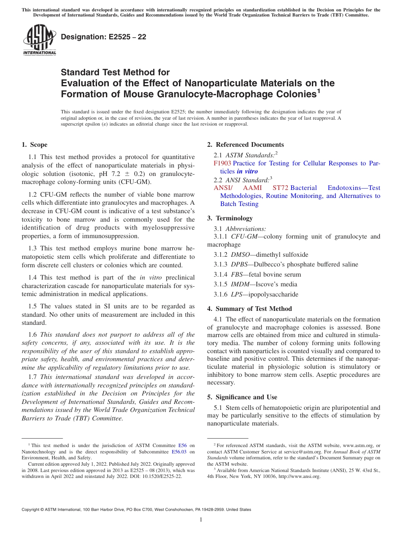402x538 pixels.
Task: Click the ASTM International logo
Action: click(x=39, y=40)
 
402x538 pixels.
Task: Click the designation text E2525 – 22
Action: click(x=104, y=37)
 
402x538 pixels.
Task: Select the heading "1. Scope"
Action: click(x=34, y=145)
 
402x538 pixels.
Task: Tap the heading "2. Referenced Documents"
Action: click(x=245, y=145)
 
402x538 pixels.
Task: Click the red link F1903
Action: click(x=222, y=163)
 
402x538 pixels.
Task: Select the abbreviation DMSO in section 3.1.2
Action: click(x=240, y=255)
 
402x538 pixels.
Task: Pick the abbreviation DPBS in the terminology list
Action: click(x=240, y=264)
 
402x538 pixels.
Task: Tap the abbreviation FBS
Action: click(x=237, y=274)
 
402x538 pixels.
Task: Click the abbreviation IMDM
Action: click(x=240, y=284)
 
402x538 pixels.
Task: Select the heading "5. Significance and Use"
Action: click(x=246, y=397)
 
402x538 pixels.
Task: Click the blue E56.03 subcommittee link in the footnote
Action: click(x=179, y=451)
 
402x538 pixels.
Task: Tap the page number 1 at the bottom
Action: click(x=201, y=519)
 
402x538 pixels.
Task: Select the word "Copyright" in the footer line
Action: click(x=32, y=510)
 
